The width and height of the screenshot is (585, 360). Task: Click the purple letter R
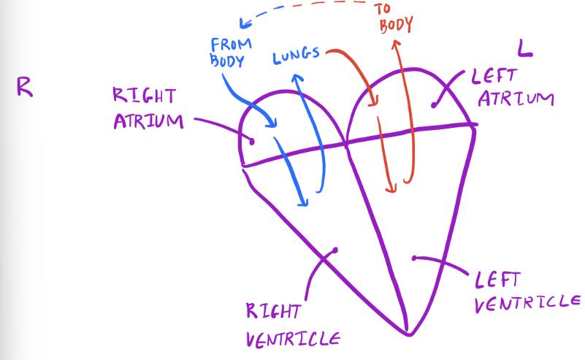24,87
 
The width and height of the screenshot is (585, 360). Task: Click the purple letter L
524,48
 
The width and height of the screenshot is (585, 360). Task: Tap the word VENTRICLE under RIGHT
292,339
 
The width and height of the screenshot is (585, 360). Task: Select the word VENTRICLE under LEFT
527,302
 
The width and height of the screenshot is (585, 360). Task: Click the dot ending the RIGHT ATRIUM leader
251,141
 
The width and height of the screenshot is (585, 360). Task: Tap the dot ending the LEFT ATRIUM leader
435,105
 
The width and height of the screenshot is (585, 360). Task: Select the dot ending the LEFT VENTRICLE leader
414,257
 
